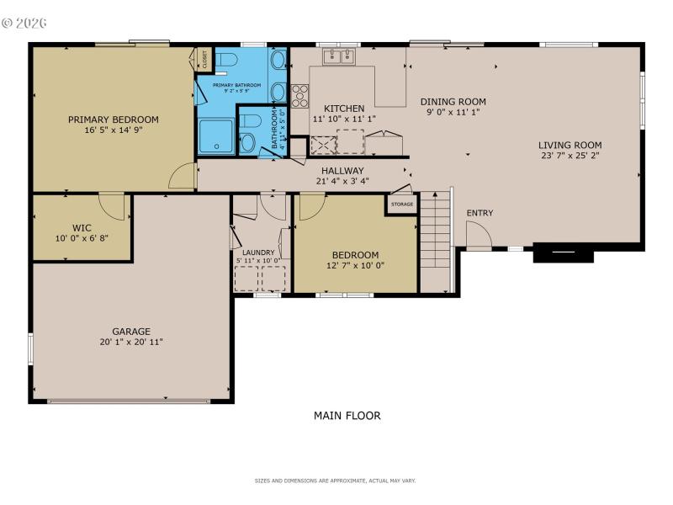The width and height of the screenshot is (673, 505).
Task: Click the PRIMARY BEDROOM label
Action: [x=113, y=120]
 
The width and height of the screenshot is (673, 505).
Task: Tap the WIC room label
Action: [x=82, y=227]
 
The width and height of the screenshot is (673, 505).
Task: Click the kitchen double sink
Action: [x=341, y=56]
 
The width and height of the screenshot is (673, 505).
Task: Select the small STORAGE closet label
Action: [x=401, y=205]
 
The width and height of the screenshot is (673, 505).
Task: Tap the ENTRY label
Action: [x=480, y=213]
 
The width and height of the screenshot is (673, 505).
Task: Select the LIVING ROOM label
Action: [x=570, y=144]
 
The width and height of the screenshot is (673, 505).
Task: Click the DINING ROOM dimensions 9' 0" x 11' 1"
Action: [x=453, y=113]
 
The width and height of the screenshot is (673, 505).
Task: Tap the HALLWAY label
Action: [x=342, y=170]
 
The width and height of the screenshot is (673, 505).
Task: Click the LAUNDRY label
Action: [x=258, y=252]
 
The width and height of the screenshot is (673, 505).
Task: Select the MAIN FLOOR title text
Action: [x=347, y=416]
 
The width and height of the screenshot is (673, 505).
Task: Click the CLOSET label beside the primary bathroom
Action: [x=204, y=59]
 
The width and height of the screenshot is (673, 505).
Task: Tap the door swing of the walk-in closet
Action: [x=111, y=205]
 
